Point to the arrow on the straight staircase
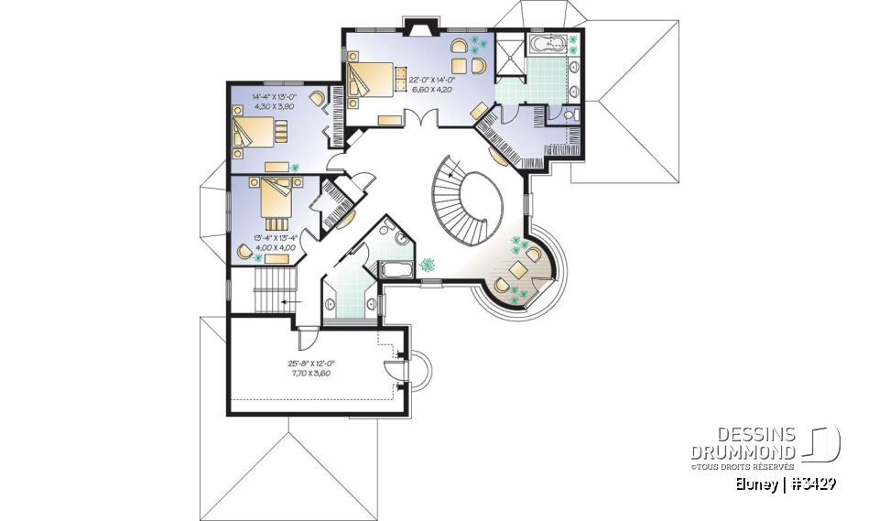pos(292,299)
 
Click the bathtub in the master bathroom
pos(551,42)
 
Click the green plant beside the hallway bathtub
pos(427,266)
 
